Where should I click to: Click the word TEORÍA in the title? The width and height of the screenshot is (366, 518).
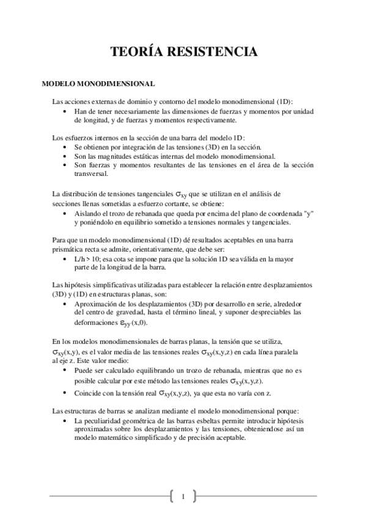coord(136,53)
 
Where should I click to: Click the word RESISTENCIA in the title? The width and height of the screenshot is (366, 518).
coord(211,53)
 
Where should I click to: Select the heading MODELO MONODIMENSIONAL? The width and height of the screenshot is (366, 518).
coord(98,82)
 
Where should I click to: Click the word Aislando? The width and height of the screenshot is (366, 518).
coord(87,214)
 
